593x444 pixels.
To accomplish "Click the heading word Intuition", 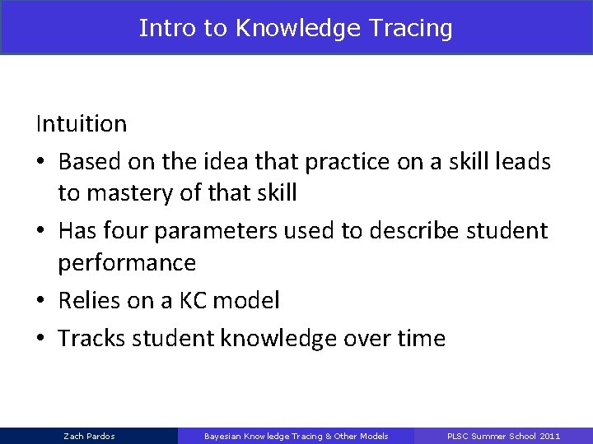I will pyautogui.click(x=81, y=124).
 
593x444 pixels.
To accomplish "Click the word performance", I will pyautogui.click(x=127, y=264).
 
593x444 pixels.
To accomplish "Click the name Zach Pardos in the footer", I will pyautogui.click(x=89, y=436).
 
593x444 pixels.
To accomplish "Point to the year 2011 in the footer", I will pyautogui.click(x=549, y=436).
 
